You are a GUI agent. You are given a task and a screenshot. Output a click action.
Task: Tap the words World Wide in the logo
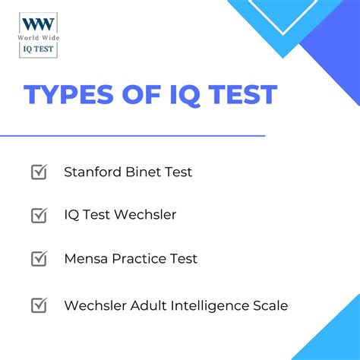(39, 37)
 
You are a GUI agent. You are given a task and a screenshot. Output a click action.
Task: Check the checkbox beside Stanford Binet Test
(39, 172)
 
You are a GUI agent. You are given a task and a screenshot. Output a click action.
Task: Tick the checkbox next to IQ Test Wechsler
(39, 215)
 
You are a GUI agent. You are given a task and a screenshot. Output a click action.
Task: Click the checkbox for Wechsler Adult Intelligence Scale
(39, 305)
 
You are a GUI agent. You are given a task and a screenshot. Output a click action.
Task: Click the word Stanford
(92, 172)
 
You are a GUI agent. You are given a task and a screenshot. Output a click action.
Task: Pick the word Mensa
(85, 258)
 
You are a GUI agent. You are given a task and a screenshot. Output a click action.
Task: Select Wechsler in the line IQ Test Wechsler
(145, 215)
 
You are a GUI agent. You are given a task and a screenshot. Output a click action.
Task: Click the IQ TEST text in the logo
(39, 50)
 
